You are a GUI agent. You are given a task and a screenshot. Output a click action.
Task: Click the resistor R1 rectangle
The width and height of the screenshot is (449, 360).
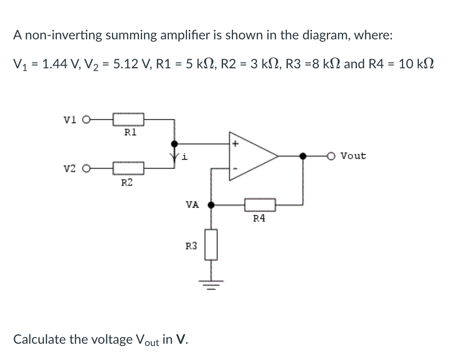tap(129, 120)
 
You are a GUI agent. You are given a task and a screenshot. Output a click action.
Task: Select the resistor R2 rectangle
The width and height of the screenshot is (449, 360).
tap(129, 169)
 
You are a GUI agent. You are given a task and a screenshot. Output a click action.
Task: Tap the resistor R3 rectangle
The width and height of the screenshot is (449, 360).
tap(211, 245)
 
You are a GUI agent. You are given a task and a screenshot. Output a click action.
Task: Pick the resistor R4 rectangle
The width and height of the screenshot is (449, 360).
tap(260, 205)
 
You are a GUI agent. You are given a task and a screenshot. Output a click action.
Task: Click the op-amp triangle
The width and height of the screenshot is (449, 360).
tap(251, 156)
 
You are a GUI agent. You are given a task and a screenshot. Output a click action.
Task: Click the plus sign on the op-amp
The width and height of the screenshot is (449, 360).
tap(235, 144)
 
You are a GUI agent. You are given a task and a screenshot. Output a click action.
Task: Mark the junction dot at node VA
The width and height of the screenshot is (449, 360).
tap(210, 205)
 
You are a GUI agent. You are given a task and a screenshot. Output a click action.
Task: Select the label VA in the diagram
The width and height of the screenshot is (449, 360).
tap(192, 204)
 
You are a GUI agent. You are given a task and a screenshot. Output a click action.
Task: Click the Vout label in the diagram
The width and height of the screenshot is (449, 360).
tap(353, 156)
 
